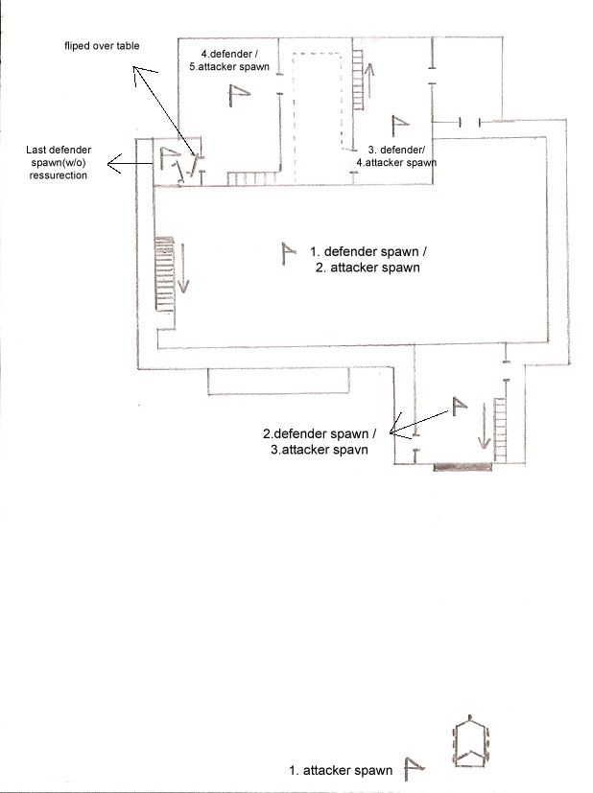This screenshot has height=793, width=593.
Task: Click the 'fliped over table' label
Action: [x=102, y=45]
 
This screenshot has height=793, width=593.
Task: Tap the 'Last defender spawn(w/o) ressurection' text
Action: [x=59, y=162]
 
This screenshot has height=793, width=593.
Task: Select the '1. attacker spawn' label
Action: [x=341, y=770]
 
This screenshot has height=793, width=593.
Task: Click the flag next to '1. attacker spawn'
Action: [x=414, y=769]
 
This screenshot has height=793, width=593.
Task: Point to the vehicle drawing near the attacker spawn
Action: [x=471, y=742]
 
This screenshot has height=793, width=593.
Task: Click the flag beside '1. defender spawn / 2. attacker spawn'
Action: [x=288, y=254]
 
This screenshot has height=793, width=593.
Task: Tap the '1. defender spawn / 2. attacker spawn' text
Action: [x=368, y=260]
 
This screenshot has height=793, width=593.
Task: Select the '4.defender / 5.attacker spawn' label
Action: [x=229, y=60]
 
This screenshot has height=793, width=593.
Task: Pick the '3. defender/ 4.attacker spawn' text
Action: [x=396, y=155]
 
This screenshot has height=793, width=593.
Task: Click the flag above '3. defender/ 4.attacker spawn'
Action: [x=400, y=126]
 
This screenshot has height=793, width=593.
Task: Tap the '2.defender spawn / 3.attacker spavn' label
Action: [x=319, y=441]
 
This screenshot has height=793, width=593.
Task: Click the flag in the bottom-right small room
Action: [x=459, y=407]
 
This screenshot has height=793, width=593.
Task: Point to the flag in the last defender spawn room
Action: [x=170, y=158]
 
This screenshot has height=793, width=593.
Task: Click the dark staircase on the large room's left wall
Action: [x=165, y=273]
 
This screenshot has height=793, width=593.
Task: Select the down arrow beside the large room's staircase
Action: [x=182, y=268]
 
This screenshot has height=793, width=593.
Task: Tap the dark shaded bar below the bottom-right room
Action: [x=463, y=467]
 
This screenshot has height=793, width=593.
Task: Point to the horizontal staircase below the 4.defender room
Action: [x=252, y=178]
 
